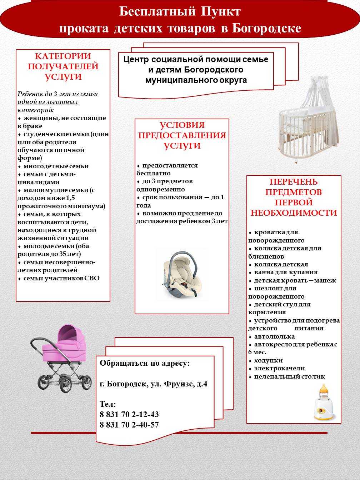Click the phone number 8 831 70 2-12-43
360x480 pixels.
pos(129,414)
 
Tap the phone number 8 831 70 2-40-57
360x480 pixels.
pos(129,425)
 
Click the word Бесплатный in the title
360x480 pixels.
pos(157,11)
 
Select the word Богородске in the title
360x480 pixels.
pos(266,29)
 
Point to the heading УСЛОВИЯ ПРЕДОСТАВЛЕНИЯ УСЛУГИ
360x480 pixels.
pos(182,135)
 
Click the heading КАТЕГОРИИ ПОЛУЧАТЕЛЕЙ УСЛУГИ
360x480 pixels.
pos(63,66)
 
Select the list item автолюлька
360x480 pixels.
pos(274,336)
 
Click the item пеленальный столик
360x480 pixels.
pos(289,376)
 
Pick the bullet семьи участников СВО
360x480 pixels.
pos(61,278)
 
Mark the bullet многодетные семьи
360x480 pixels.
pos(56,166)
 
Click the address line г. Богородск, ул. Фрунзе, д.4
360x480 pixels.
pos(154,384)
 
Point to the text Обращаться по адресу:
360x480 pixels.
pos(145,363)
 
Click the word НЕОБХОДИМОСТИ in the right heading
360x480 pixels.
pos(294,213)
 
